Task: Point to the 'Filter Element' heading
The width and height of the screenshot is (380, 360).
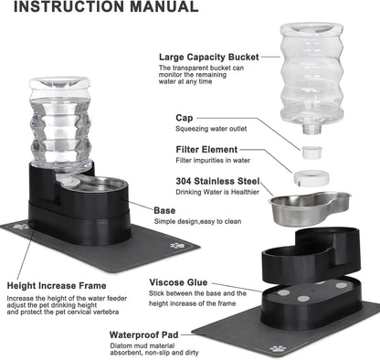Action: click(210, 149)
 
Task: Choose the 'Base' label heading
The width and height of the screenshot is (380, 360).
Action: click(165, 209)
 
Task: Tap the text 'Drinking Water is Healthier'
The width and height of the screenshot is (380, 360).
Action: click(220, 192)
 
